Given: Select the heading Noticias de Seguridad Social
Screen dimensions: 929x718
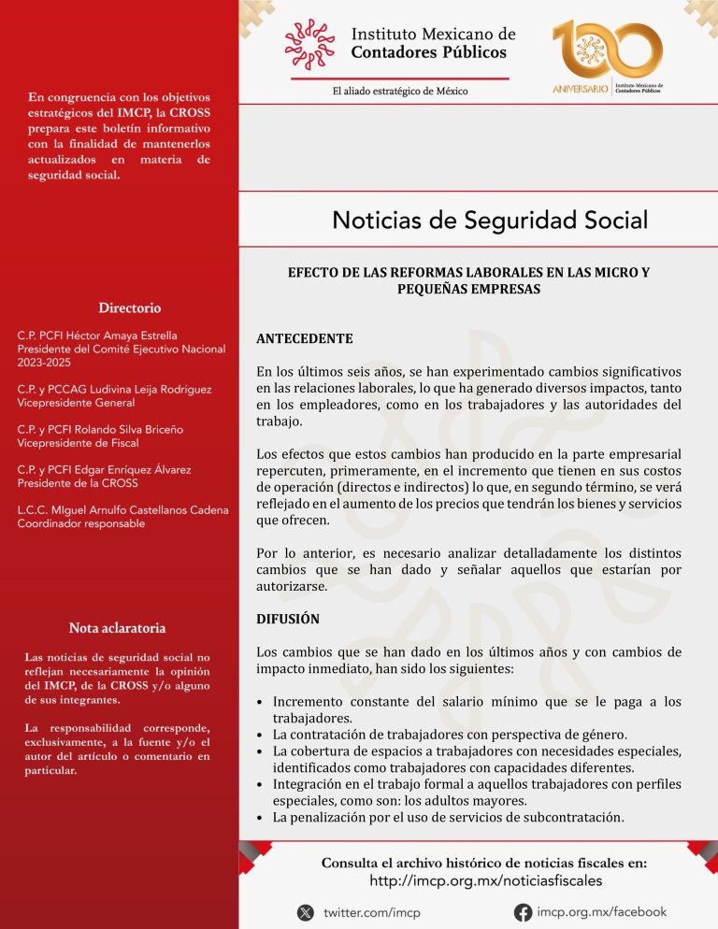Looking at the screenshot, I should pyautogui.click(x=490, y=221).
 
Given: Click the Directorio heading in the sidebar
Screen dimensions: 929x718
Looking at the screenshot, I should pyautogui.click(x=130, y=307).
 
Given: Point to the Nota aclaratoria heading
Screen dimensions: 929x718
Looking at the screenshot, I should pyautogui.click(x=117, y=627).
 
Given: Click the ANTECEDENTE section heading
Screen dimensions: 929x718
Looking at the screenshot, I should pyautogui.click(x=304, y=338).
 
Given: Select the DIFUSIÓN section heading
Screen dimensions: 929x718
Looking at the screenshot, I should pyautogui.click(x=288, y=619).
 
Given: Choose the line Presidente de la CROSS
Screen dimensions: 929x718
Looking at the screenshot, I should pyautogui.click(x=78, y=483).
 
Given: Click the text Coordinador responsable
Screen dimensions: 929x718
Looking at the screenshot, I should pyautogui.click(x=80, y=524).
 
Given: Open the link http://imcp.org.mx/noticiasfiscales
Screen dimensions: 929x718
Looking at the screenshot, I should pyautogui.click(x=486, y=880).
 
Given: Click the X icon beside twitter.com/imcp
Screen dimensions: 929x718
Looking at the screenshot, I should pyautogui.click(x=306, y=912).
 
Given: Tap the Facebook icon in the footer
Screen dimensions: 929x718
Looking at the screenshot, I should pyautogui.click(x=524, y=912).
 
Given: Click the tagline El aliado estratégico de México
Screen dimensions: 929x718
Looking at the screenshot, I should pyautogui.click(x=400, y=91).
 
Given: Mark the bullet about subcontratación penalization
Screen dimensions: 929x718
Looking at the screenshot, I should pyautogui.click(x=447, y=817).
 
